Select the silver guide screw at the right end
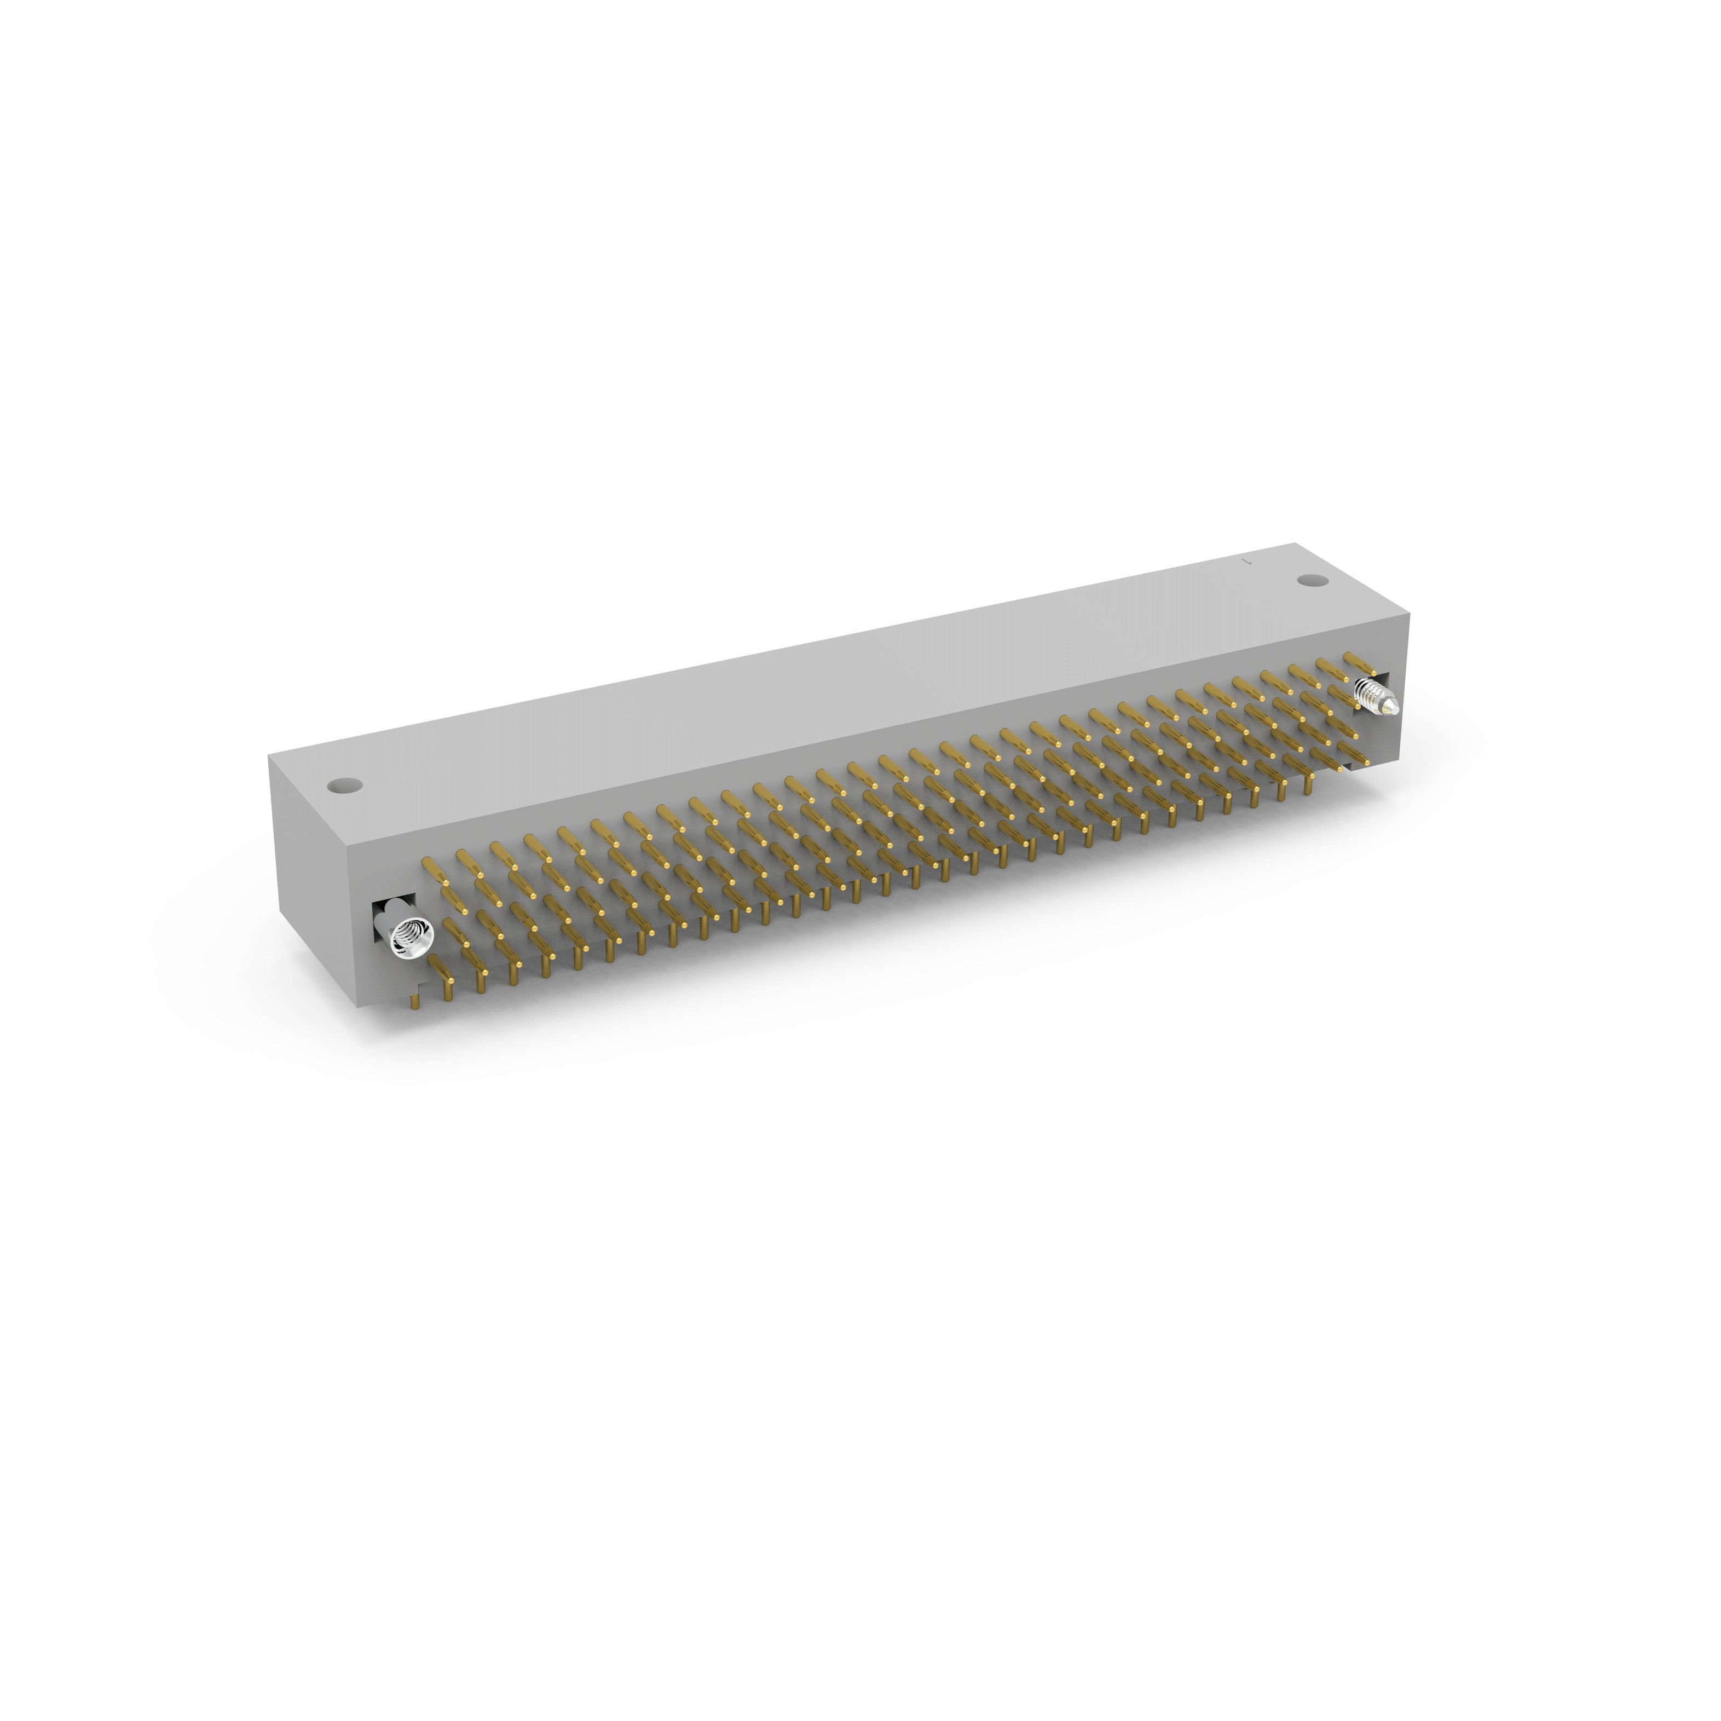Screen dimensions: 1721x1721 1376,696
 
